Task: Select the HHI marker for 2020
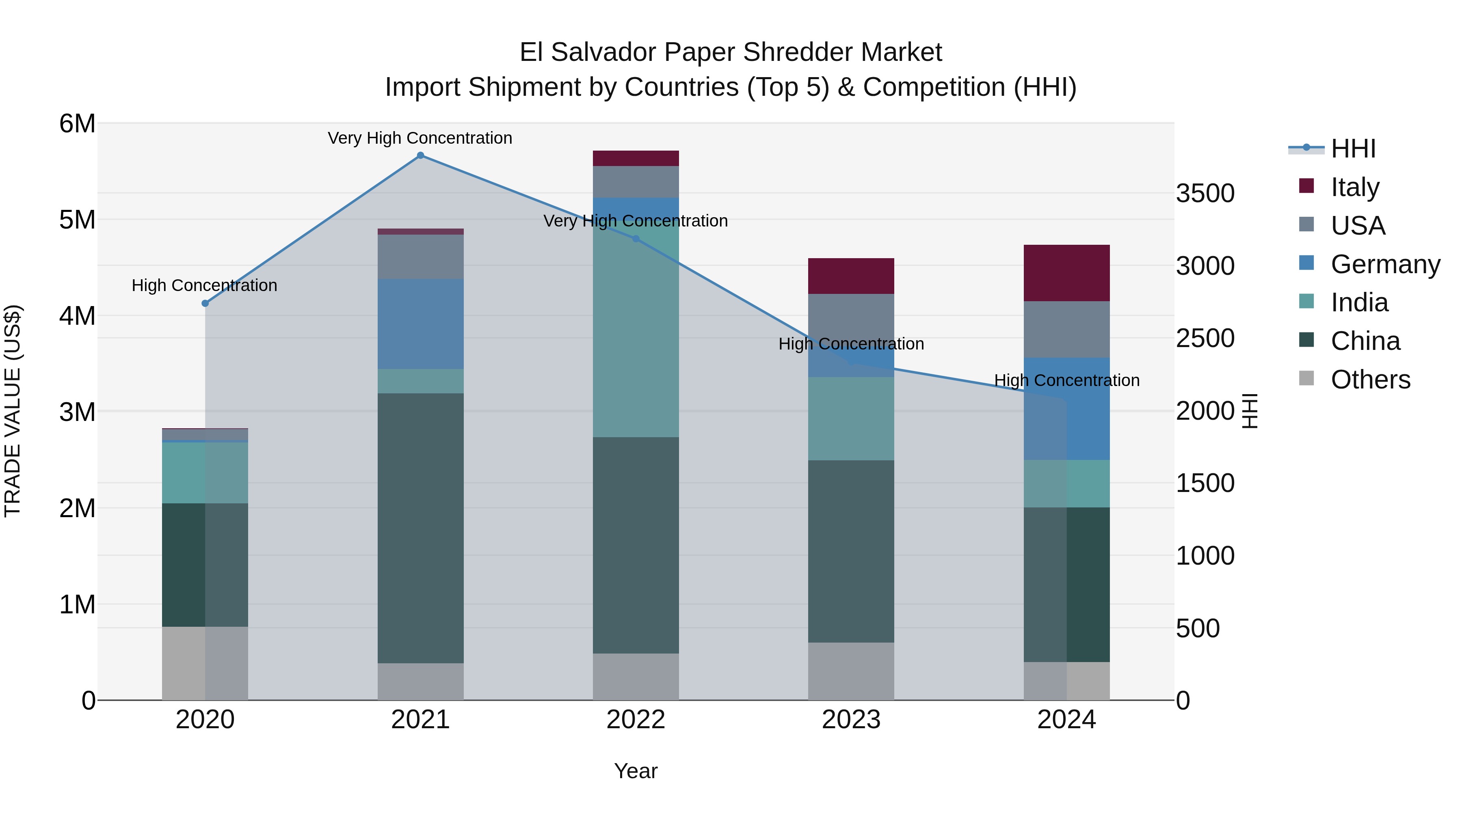coord(205,304)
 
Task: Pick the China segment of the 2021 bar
coord(421,528)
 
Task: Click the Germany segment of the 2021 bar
coord(421,324)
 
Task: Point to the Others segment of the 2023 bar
coord(851,671)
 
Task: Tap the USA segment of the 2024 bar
coord(1066,329)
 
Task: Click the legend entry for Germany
coord(1385,264)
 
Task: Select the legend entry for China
coord(1365,341)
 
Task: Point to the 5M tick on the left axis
coord(78,220)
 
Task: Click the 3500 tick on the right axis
coord(1205,194)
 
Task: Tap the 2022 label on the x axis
coord(636,720)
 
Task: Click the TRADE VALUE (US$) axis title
coord(13,411)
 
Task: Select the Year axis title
coord(636,771)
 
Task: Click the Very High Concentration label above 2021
coord(420,138)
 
